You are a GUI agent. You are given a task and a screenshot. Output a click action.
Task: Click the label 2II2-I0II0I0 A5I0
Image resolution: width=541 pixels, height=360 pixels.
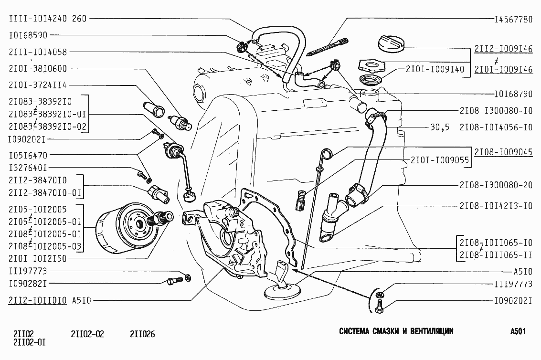coord(50,300)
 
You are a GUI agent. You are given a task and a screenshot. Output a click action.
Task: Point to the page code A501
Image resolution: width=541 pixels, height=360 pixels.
coord(518,331)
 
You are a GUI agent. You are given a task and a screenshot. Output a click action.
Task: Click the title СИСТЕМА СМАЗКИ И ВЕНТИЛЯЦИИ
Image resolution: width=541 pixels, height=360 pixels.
coord(396,331)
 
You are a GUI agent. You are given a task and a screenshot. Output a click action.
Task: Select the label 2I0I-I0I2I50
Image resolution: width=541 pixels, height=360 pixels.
coord(38,258)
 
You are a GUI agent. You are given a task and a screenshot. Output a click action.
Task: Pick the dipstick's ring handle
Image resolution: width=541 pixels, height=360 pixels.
coord(327,153)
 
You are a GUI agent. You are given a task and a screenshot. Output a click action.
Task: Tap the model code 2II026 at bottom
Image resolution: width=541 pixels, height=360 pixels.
coord(142,334)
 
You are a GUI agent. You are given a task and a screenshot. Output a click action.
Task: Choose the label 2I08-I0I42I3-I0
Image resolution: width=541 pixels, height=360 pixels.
coord(496,206)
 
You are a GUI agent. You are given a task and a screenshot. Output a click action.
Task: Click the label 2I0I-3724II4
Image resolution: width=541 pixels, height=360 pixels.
coord(38,85)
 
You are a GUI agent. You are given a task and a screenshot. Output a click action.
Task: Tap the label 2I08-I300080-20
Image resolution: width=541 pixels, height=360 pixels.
coord(496,185)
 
